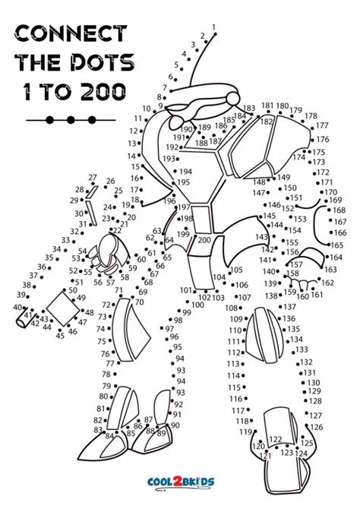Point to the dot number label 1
pyautogui.click(x=213, y=28)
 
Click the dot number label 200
pyautogui.click(x=204, y=240)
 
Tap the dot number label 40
pyautogui.click(x=17, y=307)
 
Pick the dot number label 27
pyautogui.click(x=93, y=178)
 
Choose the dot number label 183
pyautogui.click(x=249, y=109)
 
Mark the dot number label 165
pyautogui.click(x=336, y=245)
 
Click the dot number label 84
pyautogui.click(x=109, y=436)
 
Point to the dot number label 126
pyautogui.click(x=317, y=427)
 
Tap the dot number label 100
pyautogui.click(x=197, y=305)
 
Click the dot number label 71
pyautogui.click(x=118, y=291)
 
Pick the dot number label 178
pyautogui.click(x=311, y=116)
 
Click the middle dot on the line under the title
pyautogui.click(x=71, y=119)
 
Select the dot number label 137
pyautogui.click(x=289, y=307)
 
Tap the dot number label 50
pyautogui.click(x=73, y=290)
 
